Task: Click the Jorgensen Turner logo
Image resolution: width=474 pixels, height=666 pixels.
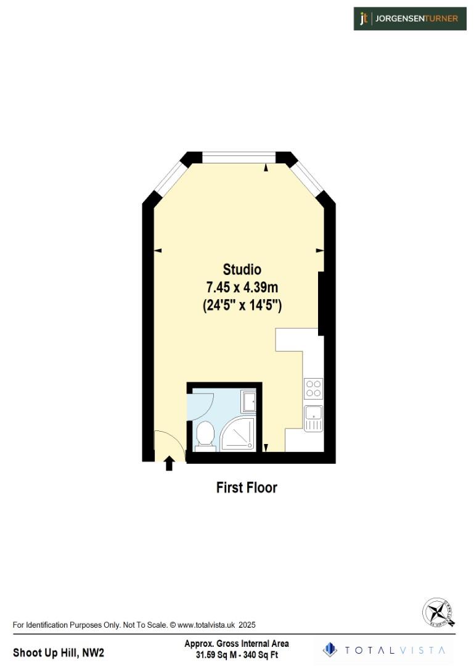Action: coord(409,18)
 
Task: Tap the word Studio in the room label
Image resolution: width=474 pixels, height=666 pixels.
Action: coord(242,269)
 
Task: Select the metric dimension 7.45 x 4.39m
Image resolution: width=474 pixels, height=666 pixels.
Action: coord(242,287)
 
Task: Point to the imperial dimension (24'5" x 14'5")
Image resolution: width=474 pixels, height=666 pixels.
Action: coord(242,305)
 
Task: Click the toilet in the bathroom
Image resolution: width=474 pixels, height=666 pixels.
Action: coord(204,435)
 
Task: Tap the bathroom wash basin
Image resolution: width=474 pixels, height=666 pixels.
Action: coord(250,402)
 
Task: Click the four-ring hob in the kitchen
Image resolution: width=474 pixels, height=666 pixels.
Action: coord(313,388)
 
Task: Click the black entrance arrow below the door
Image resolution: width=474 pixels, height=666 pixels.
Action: coord(169,463)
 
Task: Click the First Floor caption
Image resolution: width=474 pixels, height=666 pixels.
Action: coord(247,488)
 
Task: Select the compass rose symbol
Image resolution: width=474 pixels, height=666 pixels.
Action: coord(439,612)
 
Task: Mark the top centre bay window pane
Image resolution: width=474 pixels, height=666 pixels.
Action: coord(239,158)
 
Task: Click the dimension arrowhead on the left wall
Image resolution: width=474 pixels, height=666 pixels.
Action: coord(157,250)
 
